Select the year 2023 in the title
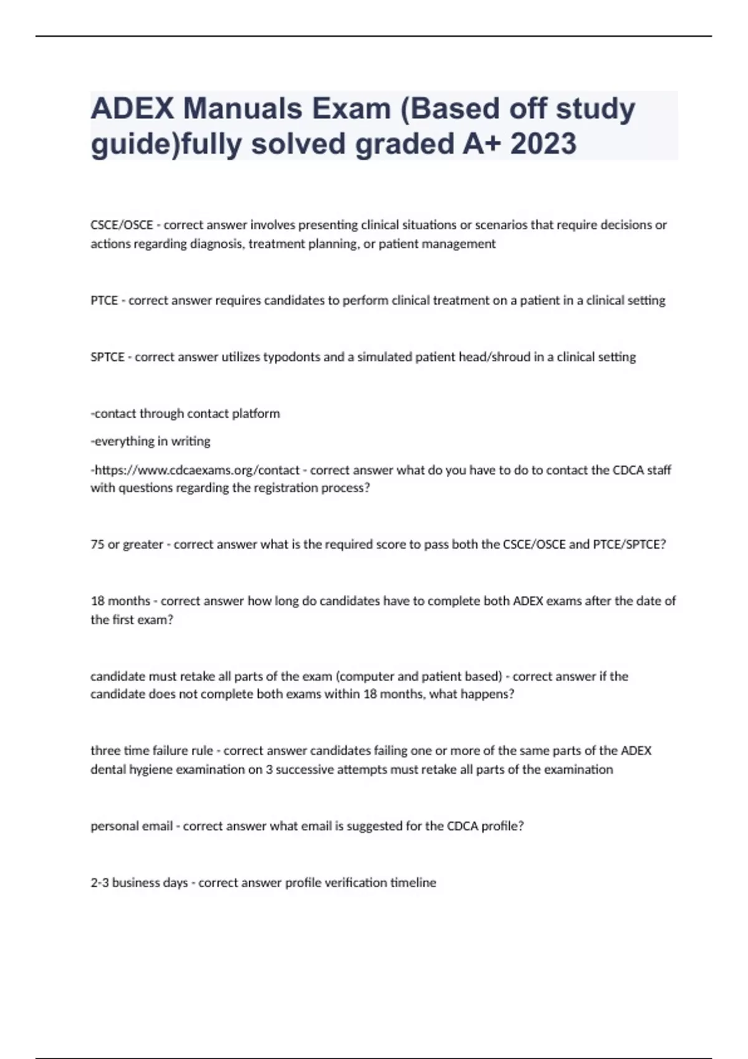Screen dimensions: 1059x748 [x=543, y=144]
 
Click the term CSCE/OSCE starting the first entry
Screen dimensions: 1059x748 [x=122, y=225]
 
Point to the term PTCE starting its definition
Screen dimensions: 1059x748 [x=104, y=300]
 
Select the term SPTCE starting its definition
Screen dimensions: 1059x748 [x=107, y=357]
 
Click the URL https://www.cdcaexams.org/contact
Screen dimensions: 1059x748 [x=196, y=470]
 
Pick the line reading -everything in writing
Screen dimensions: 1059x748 [x=150, y=441]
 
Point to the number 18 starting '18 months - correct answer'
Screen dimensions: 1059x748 [x=97, y=601]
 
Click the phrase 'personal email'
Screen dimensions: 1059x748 [x=132, y=826]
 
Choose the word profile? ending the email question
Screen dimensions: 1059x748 [x=502, y=826]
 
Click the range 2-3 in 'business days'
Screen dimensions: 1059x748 [x=99, y=883]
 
